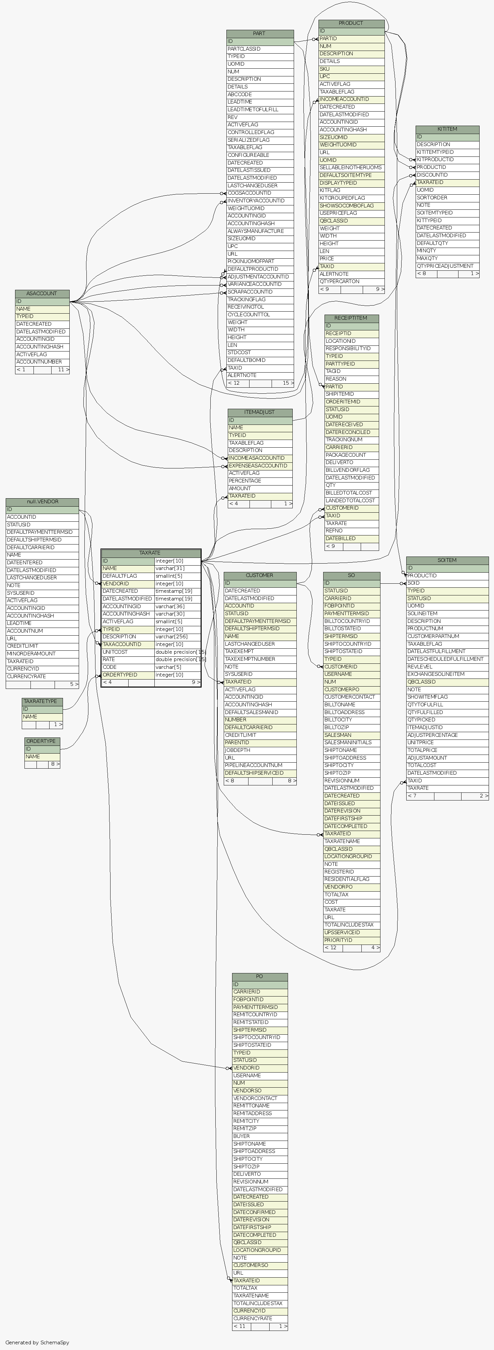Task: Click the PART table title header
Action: tap(259, 34)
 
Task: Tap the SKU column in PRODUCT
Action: tap(325, 69)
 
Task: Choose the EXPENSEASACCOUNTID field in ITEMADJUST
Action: tap(258, 466)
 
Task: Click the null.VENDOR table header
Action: tap(43, 502)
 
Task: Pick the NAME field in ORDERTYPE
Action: tap(33, 757)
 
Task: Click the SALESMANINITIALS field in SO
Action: tap(348, 743)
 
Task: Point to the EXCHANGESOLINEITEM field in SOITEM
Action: tap(436, 674)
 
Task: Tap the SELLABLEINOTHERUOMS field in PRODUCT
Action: tap(350, 168)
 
